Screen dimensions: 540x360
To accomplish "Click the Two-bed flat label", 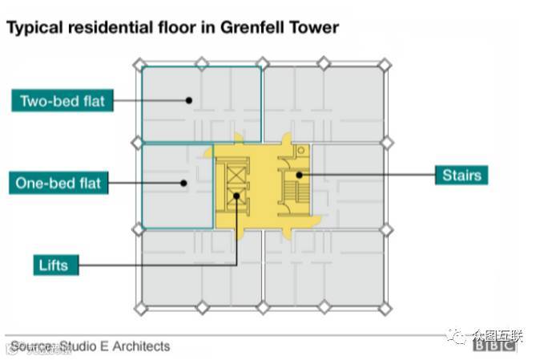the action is tap(62, 101).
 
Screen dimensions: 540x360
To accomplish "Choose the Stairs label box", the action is tap(461, 174).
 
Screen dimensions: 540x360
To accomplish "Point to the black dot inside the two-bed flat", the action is tap(189, 101).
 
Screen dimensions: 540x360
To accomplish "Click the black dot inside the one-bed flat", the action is tap(184, 183).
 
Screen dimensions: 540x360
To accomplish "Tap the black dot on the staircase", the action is tap(298, 174).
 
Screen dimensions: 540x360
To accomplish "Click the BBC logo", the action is tap(494, 346).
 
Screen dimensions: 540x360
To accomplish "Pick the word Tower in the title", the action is tap(313, 27).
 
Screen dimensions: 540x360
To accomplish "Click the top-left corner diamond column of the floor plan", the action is tap(139, 63).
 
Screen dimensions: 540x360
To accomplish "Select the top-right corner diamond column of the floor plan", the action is tap(385, 63).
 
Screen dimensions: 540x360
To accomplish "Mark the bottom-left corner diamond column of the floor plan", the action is tap(139, 307).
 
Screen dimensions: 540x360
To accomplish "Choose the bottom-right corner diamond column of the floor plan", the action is tap(385, 307).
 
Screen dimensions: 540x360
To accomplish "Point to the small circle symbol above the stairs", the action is tap(300, 150).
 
